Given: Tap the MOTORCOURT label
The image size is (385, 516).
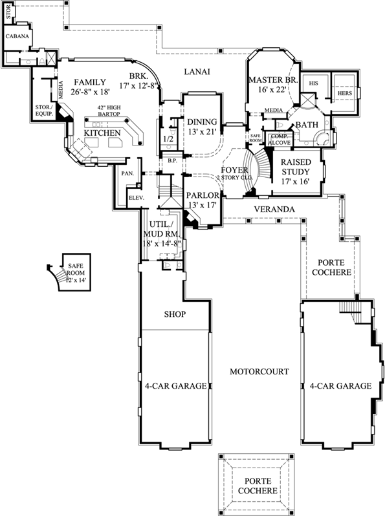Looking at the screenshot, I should point(259,371).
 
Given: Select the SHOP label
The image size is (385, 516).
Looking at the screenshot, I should point(175,314).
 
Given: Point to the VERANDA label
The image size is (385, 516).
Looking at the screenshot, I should point(274,210).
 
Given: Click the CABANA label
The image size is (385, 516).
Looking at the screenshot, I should point(17,37).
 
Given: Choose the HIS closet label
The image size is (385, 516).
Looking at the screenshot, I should point(313,83).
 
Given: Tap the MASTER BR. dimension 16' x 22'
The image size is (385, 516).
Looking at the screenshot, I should point(271,91).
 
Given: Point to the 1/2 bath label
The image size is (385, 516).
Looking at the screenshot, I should point(168,138).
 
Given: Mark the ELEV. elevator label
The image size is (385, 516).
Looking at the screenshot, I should point(135,197).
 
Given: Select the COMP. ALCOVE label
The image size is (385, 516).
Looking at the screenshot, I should point(280,139).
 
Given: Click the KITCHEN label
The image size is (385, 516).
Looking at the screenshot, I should point(104,133).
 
